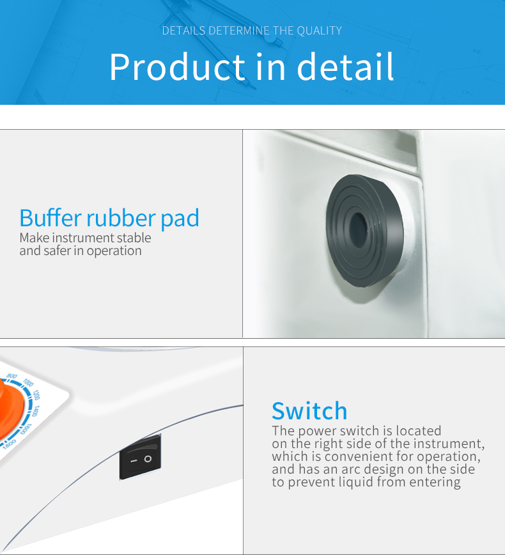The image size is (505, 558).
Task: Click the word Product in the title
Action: [x=177, y=67]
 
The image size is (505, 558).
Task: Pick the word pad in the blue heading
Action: [x=180, y=219]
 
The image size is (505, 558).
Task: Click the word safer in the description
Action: [x=57, y=251]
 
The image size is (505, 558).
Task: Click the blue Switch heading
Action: [x=309, y=410]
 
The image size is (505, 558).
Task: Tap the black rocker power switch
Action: [x=140, y=458]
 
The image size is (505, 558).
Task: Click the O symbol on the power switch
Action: [x=148, y=458]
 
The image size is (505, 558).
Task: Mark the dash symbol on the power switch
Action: [x=133, y=460]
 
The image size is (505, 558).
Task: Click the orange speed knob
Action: [x=10, y=409]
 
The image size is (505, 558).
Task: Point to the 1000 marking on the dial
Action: [x=28, y=382]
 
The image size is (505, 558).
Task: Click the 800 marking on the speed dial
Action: [x=12, y=376]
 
